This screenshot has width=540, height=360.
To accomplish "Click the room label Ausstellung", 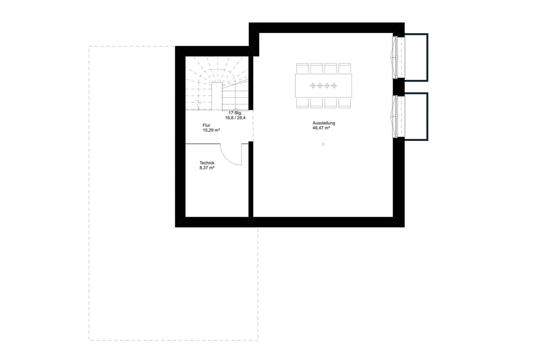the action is pyautogui.click(x=324, y=123).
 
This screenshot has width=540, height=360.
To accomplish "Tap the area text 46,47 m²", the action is pyautogui.click(x=321, y=128).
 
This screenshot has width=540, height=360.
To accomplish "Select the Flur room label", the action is pyautogui.click(x=206, y=125).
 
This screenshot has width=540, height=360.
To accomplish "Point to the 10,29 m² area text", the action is pyautogui.click(x=211, y=130).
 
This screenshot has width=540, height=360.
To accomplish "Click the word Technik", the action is pyautogui.click(x=207, y=163).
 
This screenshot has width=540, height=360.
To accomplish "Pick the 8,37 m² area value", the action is pyautogui.click(x=207, y=168).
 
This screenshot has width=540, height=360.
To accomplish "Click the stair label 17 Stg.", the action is pyautogui.click(x=235, y=113).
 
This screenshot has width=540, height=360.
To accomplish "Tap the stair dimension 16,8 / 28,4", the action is pyautogui.click(x=235, y=118).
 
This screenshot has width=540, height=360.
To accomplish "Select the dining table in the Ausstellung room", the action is pyautogui.click(x=323, y=85).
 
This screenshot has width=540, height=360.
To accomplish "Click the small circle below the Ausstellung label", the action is pyautogui.click(x=323, y=144).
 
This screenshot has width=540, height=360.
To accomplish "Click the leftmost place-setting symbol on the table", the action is pyautogui.click(x=313, y=85).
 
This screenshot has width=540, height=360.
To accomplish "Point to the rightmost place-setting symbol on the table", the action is pyautogui.click(x=334, y=85).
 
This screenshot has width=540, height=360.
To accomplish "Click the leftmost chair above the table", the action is pyautogui.click(x=303, y=68).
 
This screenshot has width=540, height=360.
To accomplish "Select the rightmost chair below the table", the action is pyautogui.click(x=344, y=103).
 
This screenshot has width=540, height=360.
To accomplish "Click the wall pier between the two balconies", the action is pyautogui.click(x=399, y=87).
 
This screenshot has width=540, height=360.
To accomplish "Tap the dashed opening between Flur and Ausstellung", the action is pyautogui.click(x=253, y=126).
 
